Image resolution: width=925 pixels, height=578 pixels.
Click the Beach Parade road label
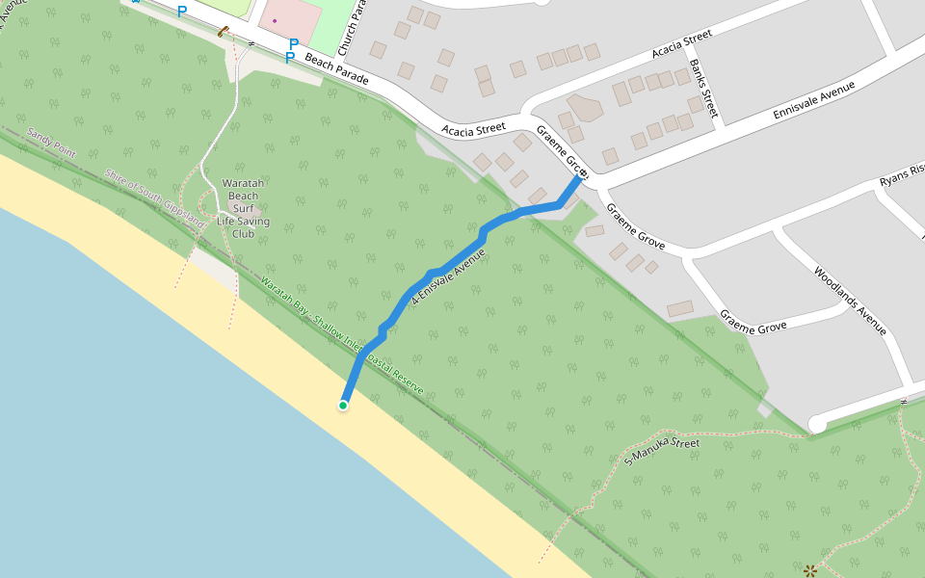tap(336, 70)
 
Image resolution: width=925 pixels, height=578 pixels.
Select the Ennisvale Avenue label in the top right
tap(815, 100)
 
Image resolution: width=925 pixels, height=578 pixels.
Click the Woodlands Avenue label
tap(849, 301)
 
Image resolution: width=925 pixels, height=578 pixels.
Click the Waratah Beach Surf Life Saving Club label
tap(243, 208)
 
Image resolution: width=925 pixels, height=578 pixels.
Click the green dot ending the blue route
tap(343, 406)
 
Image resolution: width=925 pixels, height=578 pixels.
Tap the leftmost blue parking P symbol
tap(181, 12)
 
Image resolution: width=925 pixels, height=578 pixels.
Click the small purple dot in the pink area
tap(275, 20)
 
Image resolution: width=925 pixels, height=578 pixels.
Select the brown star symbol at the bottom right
tap(810, 569)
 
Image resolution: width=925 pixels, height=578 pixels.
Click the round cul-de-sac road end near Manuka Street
tap(817, 423)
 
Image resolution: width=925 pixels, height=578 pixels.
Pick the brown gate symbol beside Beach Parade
tap(224, 33)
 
